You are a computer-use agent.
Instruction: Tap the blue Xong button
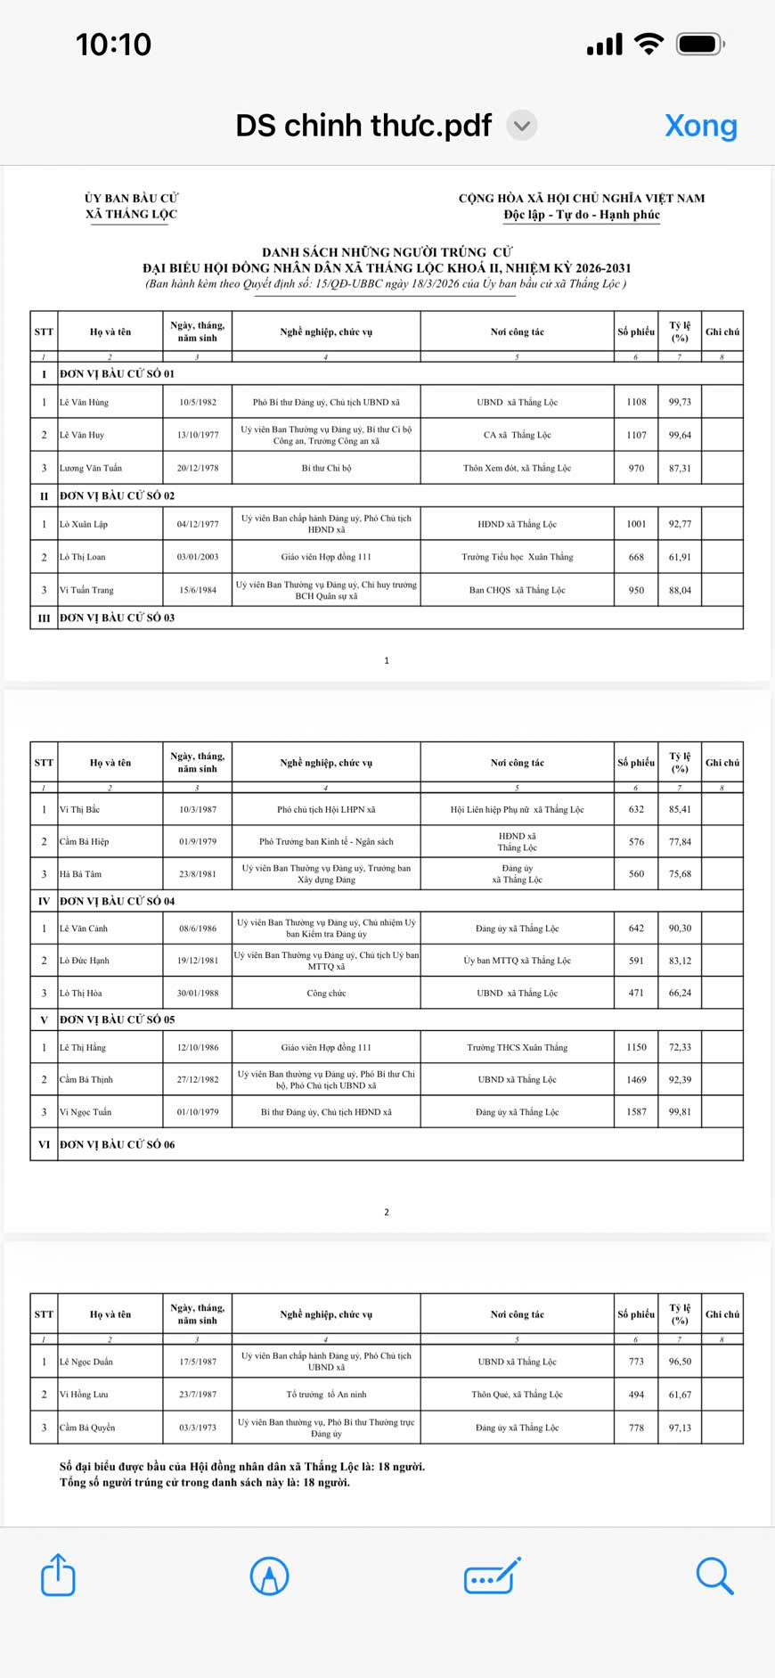701,126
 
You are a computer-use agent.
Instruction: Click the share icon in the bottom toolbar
58,1576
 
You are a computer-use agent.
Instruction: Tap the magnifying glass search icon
714,1576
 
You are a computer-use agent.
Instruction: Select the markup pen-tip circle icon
269,1576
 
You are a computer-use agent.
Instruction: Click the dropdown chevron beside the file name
522,126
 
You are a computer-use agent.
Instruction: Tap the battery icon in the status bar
700,44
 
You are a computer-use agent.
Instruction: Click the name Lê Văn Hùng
84,402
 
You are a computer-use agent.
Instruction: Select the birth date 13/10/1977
198,435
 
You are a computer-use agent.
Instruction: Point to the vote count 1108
636,402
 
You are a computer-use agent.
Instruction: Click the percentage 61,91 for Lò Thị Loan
680,557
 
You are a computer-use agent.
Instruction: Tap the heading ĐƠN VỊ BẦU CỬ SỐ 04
118,901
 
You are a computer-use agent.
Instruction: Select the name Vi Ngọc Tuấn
86,1112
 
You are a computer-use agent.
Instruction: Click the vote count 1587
636,1112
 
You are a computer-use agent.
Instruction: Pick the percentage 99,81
680,1112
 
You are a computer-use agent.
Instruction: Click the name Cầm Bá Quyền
87,1428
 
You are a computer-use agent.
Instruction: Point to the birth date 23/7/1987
198,1395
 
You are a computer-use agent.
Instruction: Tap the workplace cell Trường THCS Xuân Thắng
517,1047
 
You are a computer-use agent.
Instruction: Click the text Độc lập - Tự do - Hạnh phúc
582,215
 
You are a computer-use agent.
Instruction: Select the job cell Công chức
326,993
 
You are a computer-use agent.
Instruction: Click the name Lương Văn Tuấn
91,468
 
